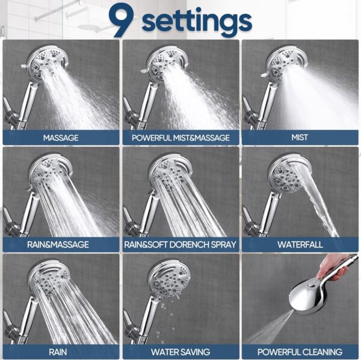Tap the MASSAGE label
click(61, 138)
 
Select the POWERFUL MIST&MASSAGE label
click(180, 138)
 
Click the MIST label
click(299, 138)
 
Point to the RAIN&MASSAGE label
click(61, 245)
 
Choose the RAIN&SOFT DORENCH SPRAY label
click(180, 245)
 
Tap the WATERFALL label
click(299, 245)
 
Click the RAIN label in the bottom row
click(61, 352)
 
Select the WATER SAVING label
click(180, 352)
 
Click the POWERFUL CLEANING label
click(299, 352)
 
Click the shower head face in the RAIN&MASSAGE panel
click(48, 171)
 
